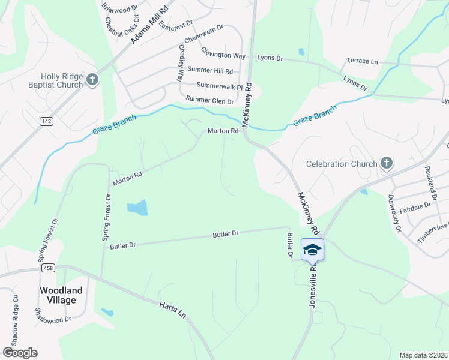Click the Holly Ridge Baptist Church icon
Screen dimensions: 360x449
pyautogui.click(x=92, y=80)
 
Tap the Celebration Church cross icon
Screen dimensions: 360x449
pyautogui.click(x=387, y=163)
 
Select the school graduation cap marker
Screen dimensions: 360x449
pyautogui.click(x=312, y=249)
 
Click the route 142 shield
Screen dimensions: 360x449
pyautogui.click(x=46, y=121)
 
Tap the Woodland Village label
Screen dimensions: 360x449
pyautogui.click(x=58, y=295)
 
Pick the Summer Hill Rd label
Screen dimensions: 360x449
pyautogui.click(x=210, y=71)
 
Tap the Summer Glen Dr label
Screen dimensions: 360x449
pyautogui.click(x=209, y=100)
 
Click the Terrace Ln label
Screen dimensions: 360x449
pyautogui.click(x=363, y=62)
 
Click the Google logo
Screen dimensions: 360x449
pyautogui.click(x=20, y=353)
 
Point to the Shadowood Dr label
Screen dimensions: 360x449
pyautogui.click(x=53, y=319)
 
